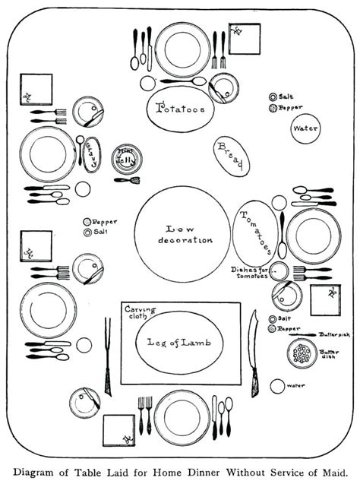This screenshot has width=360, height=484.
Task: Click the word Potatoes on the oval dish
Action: pos(180,109)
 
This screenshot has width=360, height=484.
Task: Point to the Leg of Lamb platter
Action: pos(180,342)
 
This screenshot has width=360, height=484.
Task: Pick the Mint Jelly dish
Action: pos(126,159)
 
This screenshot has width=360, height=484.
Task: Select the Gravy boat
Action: pos(93,155)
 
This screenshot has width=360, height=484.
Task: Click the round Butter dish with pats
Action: pos(303,353)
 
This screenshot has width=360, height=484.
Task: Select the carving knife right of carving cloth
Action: pos(254,357)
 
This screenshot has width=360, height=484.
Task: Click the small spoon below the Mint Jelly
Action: pos(128,181)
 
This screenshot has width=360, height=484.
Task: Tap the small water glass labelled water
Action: pos(278,387)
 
